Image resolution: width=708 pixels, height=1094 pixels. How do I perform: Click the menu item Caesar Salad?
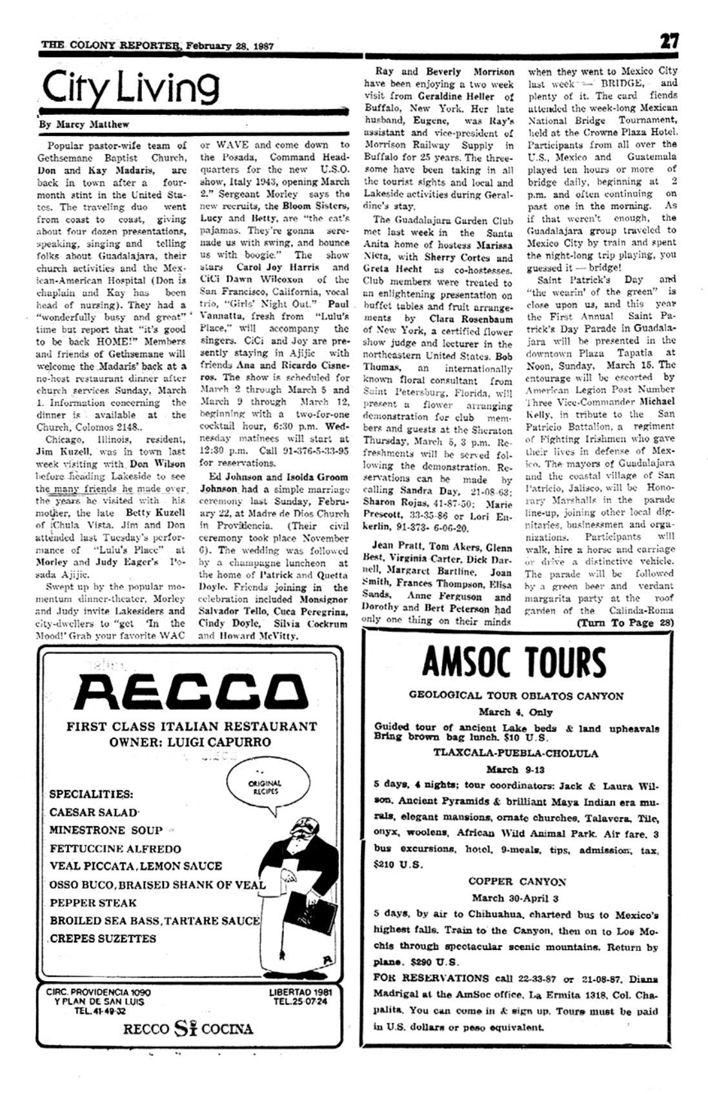(x=94, y=813)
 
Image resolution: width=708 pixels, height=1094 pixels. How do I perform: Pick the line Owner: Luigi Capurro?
(x=190, y=742)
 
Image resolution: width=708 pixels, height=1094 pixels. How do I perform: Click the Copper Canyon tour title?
(x=516, y=882)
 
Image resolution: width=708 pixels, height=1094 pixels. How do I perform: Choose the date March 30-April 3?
(x=515, y=898)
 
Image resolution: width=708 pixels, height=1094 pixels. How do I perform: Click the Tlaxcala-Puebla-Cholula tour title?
(x=516, y=753)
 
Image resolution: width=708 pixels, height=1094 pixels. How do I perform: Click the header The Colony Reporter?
(x=110, y=45)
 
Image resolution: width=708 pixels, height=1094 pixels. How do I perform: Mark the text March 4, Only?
(x=516, y=713)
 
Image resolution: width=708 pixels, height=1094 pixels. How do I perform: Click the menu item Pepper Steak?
(x=93, y=902)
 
